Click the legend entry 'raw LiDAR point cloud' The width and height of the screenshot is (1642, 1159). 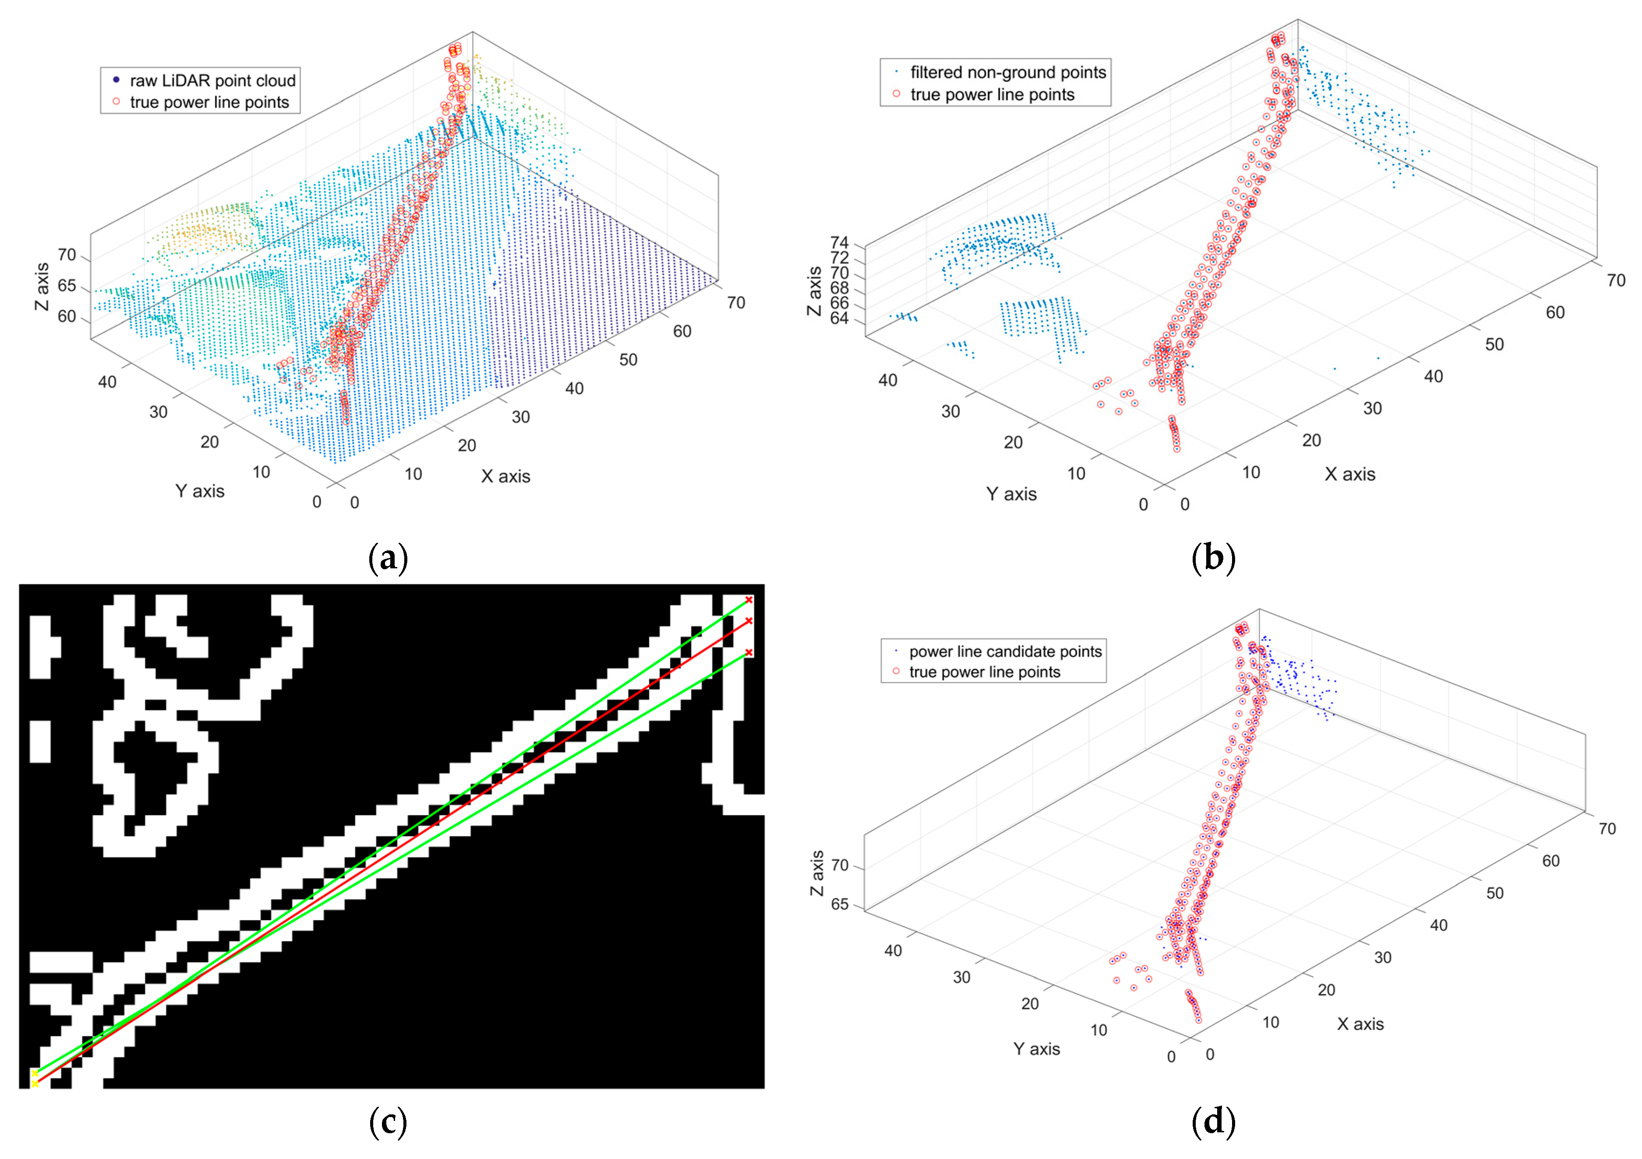tap(212, 80)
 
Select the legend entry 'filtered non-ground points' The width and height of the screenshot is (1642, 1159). tap(1007, 72)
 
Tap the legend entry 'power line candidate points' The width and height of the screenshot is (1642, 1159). tap(1005, 651)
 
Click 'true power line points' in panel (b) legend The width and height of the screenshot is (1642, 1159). tap(992, 95)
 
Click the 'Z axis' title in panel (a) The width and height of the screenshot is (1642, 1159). tap(42, 286)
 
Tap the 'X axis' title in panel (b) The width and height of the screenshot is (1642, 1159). tap(1349, 474)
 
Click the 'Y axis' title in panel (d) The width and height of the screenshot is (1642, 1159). tap(1036, 1049)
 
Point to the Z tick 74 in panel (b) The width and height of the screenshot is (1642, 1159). tap(839, 243)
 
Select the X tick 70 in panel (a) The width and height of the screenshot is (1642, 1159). tap(736, 302)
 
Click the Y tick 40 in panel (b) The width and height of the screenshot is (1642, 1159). tap(888, 380)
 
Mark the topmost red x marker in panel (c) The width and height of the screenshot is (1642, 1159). tap(749, 600)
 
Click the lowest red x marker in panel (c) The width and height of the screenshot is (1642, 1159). tap(749, 652)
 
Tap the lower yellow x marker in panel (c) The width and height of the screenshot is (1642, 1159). tap(34, 1084)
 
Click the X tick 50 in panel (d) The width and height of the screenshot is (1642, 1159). tap(1495, 893)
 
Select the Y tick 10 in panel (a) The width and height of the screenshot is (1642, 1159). tap(261, 472)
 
